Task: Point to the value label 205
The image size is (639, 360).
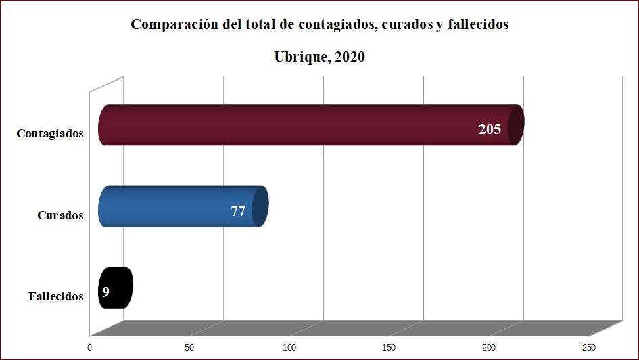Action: [x=490, y=129]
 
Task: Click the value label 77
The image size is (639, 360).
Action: [x=238, y=210]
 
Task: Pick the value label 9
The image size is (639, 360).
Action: [x=105, y=292]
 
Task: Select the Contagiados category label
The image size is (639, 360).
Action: [x=50, y=133]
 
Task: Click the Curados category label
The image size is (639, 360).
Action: [x=60, y=215]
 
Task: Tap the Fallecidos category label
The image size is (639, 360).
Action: [x=56, y=296]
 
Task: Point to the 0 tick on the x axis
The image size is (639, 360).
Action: [x=90, y=347]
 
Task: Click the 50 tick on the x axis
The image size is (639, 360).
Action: [x=189, y=347]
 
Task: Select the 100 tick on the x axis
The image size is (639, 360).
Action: [x=289, y=347]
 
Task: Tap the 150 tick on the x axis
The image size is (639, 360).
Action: [x=389, y=347]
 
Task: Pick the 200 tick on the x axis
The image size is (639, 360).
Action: [x=490, y=347]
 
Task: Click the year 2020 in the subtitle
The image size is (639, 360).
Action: [x=350, y=57]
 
